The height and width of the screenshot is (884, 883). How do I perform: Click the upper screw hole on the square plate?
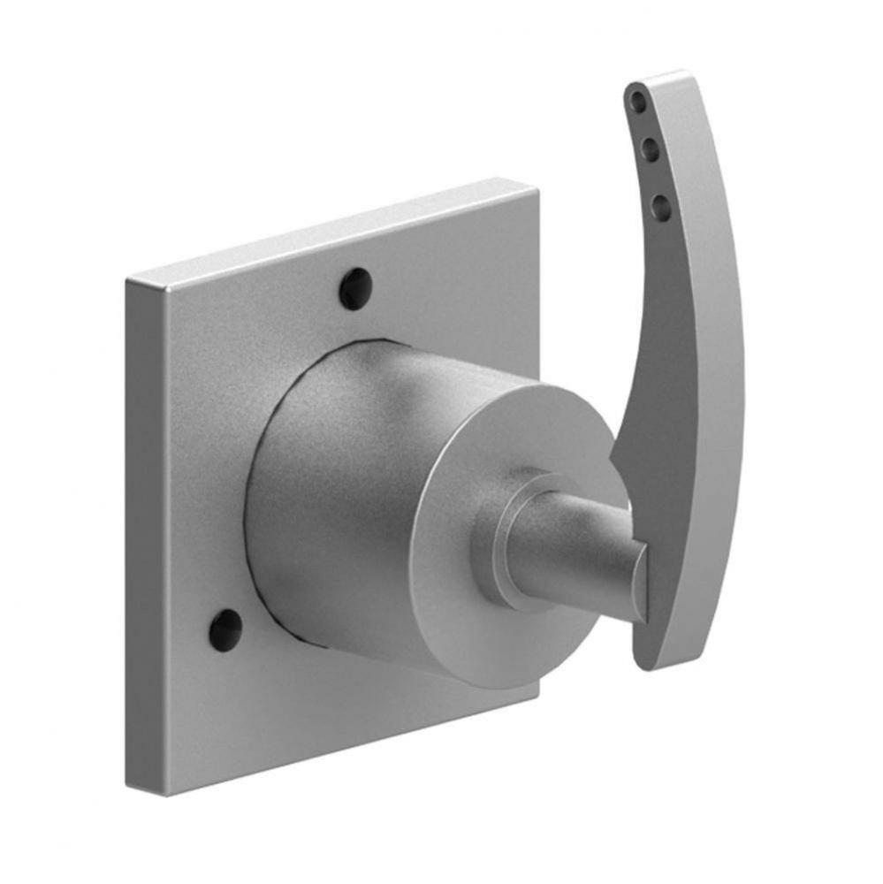tap(355, 289)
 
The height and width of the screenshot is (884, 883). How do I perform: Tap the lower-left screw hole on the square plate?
tap(225, 630)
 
